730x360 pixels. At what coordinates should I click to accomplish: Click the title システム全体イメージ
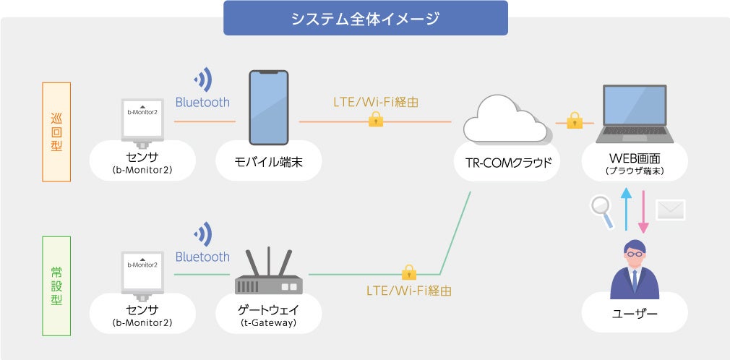pyautogui.click(x=366, y=19)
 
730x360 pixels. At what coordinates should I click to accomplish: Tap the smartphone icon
pyautogui.click(x=269, y=108)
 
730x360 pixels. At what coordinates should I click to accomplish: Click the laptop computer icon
pyautogui.click(x=635, y=114)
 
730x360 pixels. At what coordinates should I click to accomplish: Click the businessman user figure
pyautogui.click(x=635, y=270)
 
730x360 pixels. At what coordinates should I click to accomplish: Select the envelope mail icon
pyautogui.click(x=671, y=210)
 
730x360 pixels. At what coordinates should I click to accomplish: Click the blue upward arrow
pyautogui.click(x=626, y=209)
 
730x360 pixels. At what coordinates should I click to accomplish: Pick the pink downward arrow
pyautogui.click(x=643, y=211)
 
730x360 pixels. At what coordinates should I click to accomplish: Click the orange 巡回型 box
pyautogui.click(x=56, y=132)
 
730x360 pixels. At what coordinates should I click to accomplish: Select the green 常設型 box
pyautogui.click(x=56, y=286)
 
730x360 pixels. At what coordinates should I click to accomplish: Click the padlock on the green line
pyautogui.click(x=409, y=272)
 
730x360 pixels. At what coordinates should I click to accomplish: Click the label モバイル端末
pyautogui.click(x=269, y=162)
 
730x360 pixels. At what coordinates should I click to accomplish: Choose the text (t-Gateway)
pyautogui.click(x=269, y=322)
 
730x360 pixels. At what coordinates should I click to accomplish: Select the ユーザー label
pyautogui.click(x=635, y=314)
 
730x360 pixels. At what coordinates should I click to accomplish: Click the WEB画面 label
pyautogui.click(x=635, y=159)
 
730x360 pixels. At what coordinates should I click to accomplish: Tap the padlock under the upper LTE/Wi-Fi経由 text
pyautogui.click(x=376, y=119)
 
